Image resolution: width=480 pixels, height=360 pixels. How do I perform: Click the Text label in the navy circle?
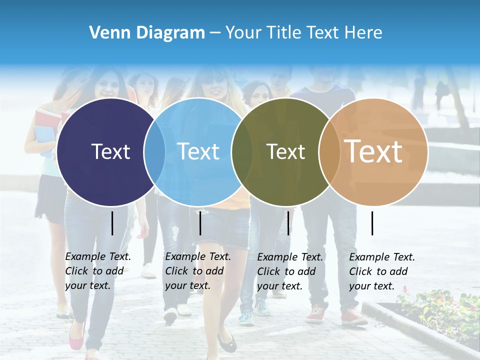pos(110,151)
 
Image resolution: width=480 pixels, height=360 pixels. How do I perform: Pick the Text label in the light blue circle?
pos(198,151)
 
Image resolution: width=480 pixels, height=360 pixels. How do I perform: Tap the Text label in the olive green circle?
pos(285,151)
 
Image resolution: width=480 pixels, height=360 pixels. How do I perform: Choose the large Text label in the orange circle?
pos(373,151)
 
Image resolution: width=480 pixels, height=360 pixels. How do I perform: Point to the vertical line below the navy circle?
pos(112,223)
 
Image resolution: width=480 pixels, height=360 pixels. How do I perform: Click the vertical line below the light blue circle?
pos(200,223)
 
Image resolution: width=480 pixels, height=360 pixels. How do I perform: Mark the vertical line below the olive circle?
pos(288,223)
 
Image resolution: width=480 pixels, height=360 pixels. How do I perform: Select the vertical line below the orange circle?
pos(372,223)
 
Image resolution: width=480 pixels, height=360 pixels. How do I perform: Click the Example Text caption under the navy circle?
pos(98,271)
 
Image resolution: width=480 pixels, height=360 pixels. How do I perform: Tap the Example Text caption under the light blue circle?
pos(198,271)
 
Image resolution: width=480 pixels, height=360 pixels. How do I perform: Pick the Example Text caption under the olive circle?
pos(290,271)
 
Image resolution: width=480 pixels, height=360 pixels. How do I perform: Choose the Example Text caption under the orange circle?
pos(382,271)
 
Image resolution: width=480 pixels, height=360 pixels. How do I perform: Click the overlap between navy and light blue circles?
pos(154,151)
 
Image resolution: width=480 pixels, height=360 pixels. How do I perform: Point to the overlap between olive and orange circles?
pos(328,151)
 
